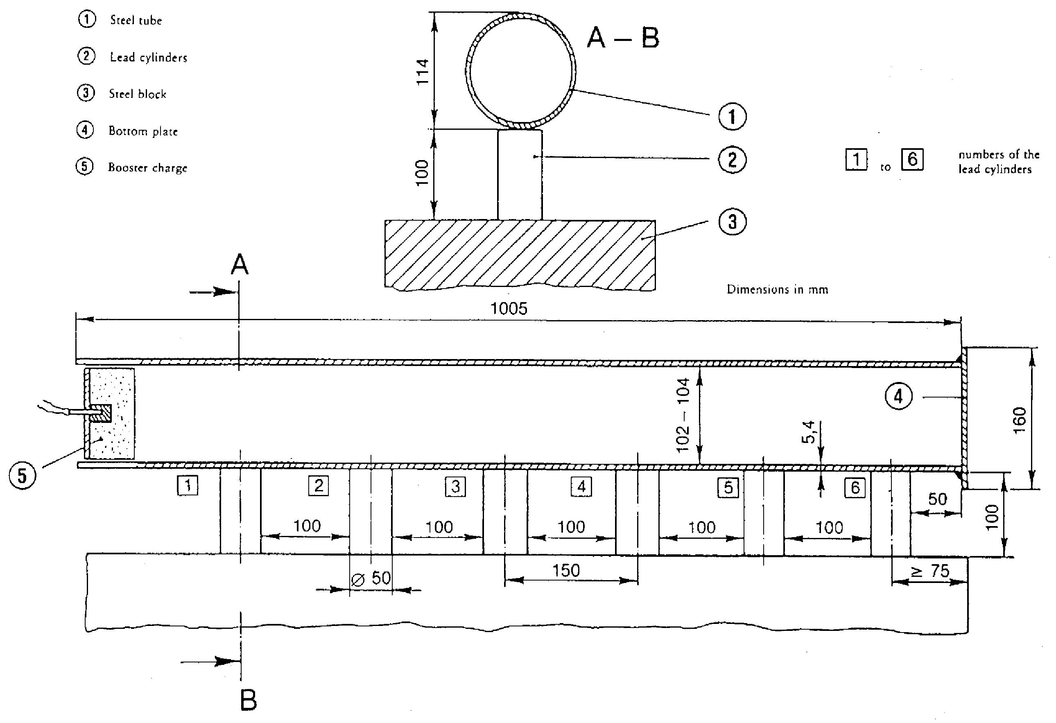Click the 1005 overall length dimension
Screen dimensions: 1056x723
[x=509, y=309]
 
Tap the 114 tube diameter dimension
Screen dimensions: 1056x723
[x=423, y=71]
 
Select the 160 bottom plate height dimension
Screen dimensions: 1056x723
[x=1020, y=420]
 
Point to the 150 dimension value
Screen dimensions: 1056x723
[x=566, y=570]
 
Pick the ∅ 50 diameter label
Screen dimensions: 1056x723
[x=371, y=578]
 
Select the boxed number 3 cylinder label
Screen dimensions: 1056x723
[x=455, y=487]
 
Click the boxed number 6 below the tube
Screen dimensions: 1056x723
[x=855, y=488]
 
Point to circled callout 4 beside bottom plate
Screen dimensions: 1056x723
[x=898, y=396]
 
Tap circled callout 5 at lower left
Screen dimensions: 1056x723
[x=22, y=475]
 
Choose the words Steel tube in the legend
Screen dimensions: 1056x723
[x=136, y=20]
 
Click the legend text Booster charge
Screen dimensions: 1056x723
[x=148, y=168]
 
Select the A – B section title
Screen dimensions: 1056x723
[x=623, y=37]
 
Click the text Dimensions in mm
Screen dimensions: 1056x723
[x=778, y=289]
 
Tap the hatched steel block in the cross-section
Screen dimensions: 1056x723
[x=520, y=255]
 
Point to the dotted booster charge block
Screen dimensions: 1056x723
[x=112, y=413]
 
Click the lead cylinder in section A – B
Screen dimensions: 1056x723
[x=520, y=175]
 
